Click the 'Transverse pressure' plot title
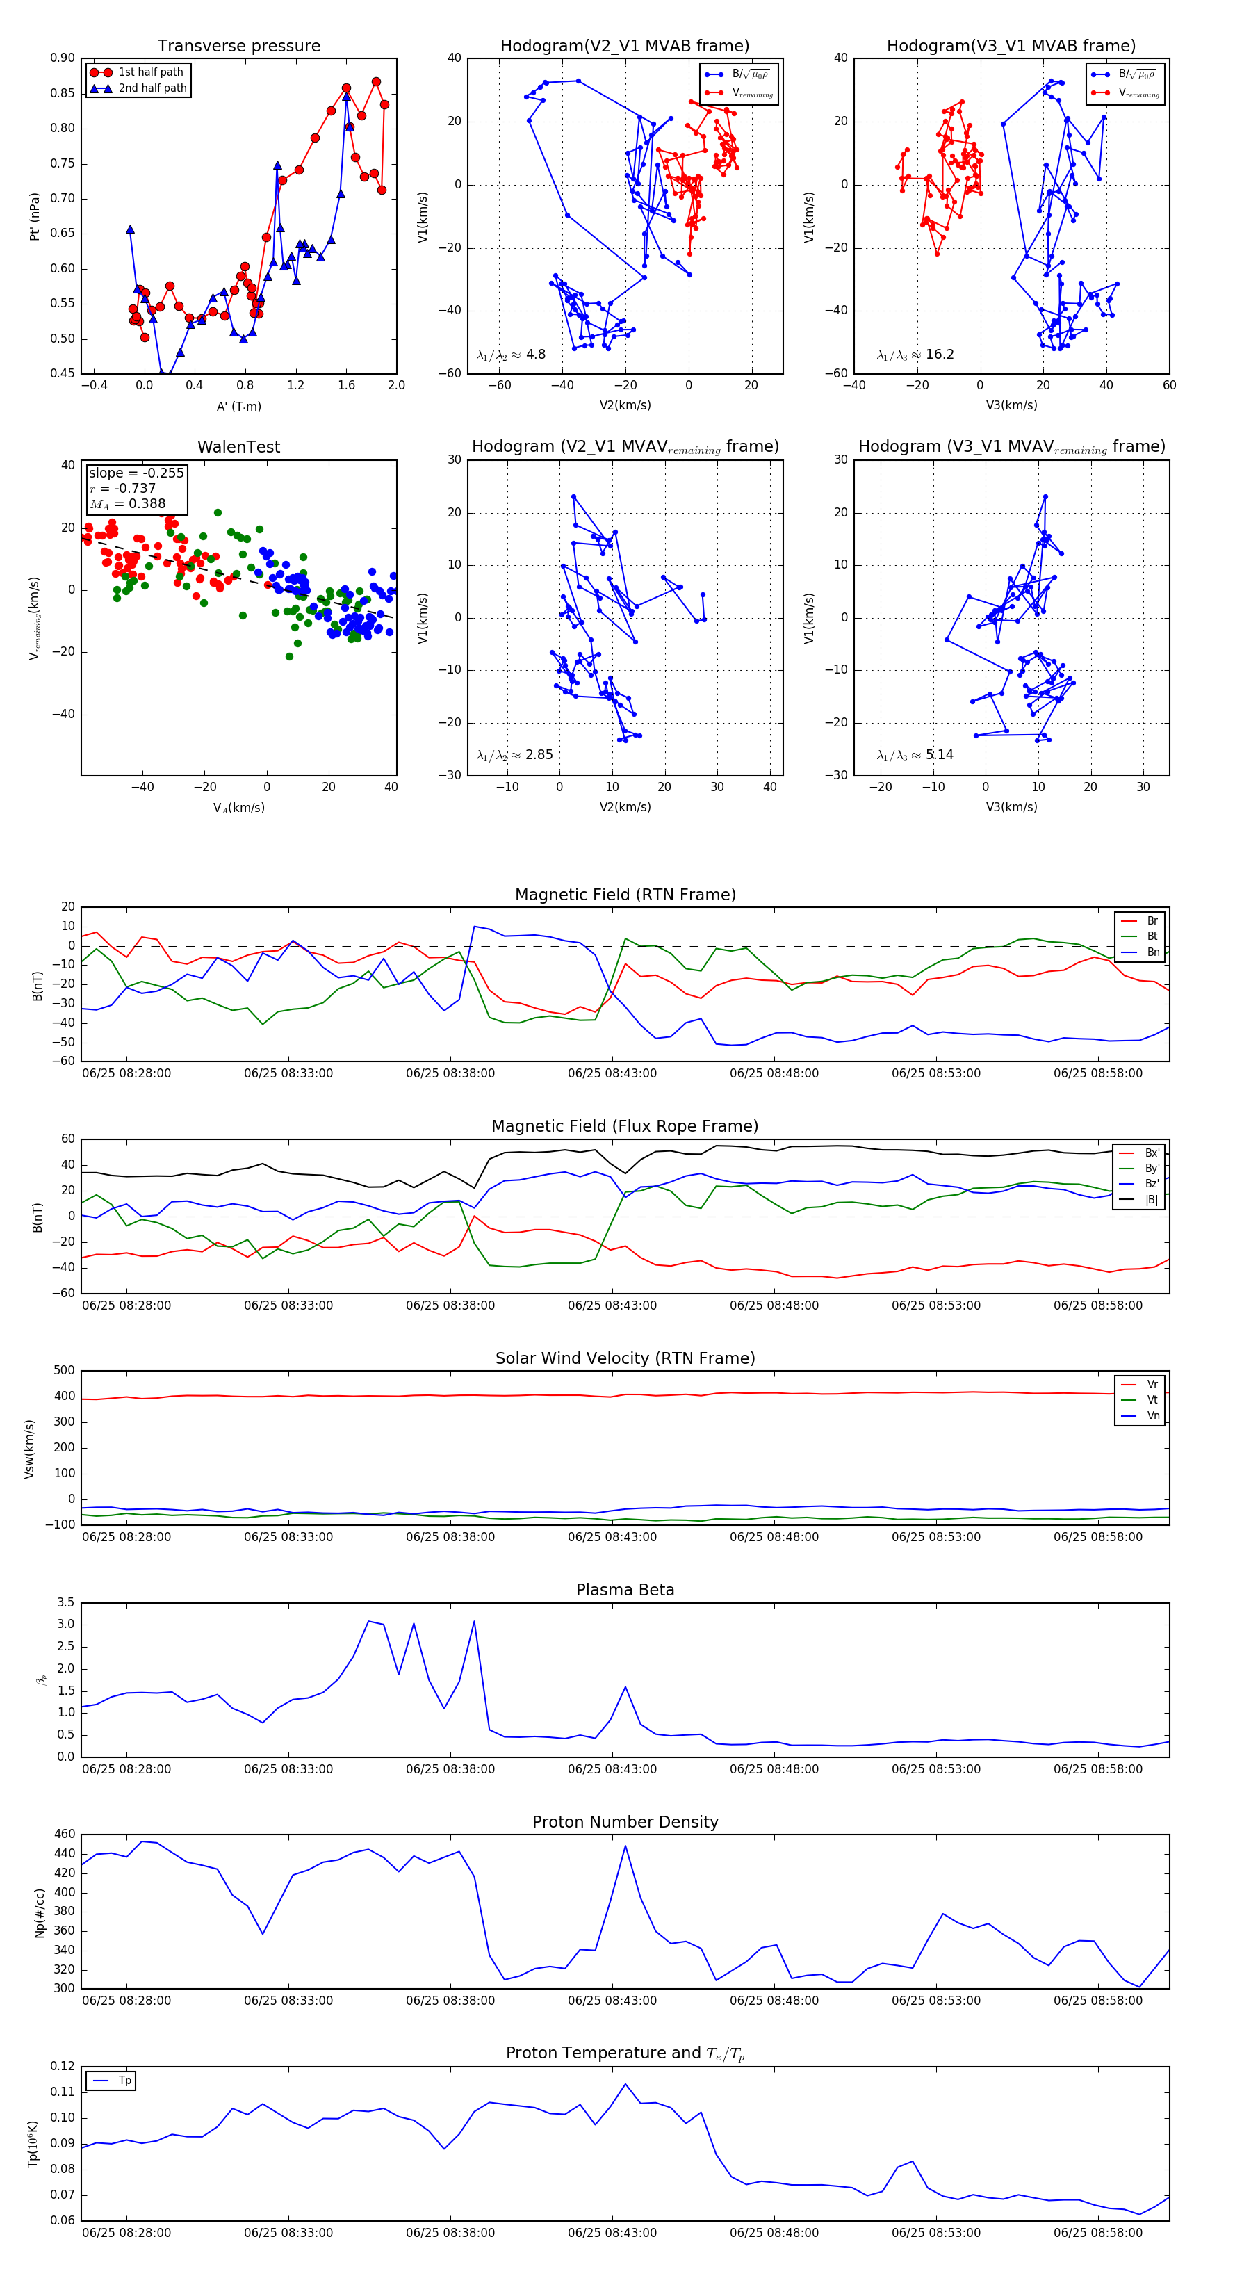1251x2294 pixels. [238, 47]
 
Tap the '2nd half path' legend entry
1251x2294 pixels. [152, 88]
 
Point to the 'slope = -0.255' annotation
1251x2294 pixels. [136, 473]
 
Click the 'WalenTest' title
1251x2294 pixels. [238, 447]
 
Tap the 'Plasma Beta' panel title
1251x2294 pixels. [625, 1590]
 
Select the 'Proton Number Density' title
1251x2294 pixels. [625, 1822]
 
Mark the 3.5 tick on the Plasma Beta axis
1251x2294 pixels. [65, 1603]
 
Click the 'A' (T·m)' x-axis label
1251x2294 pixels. [238, 407]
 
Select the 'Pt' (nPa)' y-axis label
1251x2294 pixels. [35, 216]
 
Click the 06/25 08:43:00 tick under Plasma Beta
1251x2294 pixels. [612, 1769]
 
